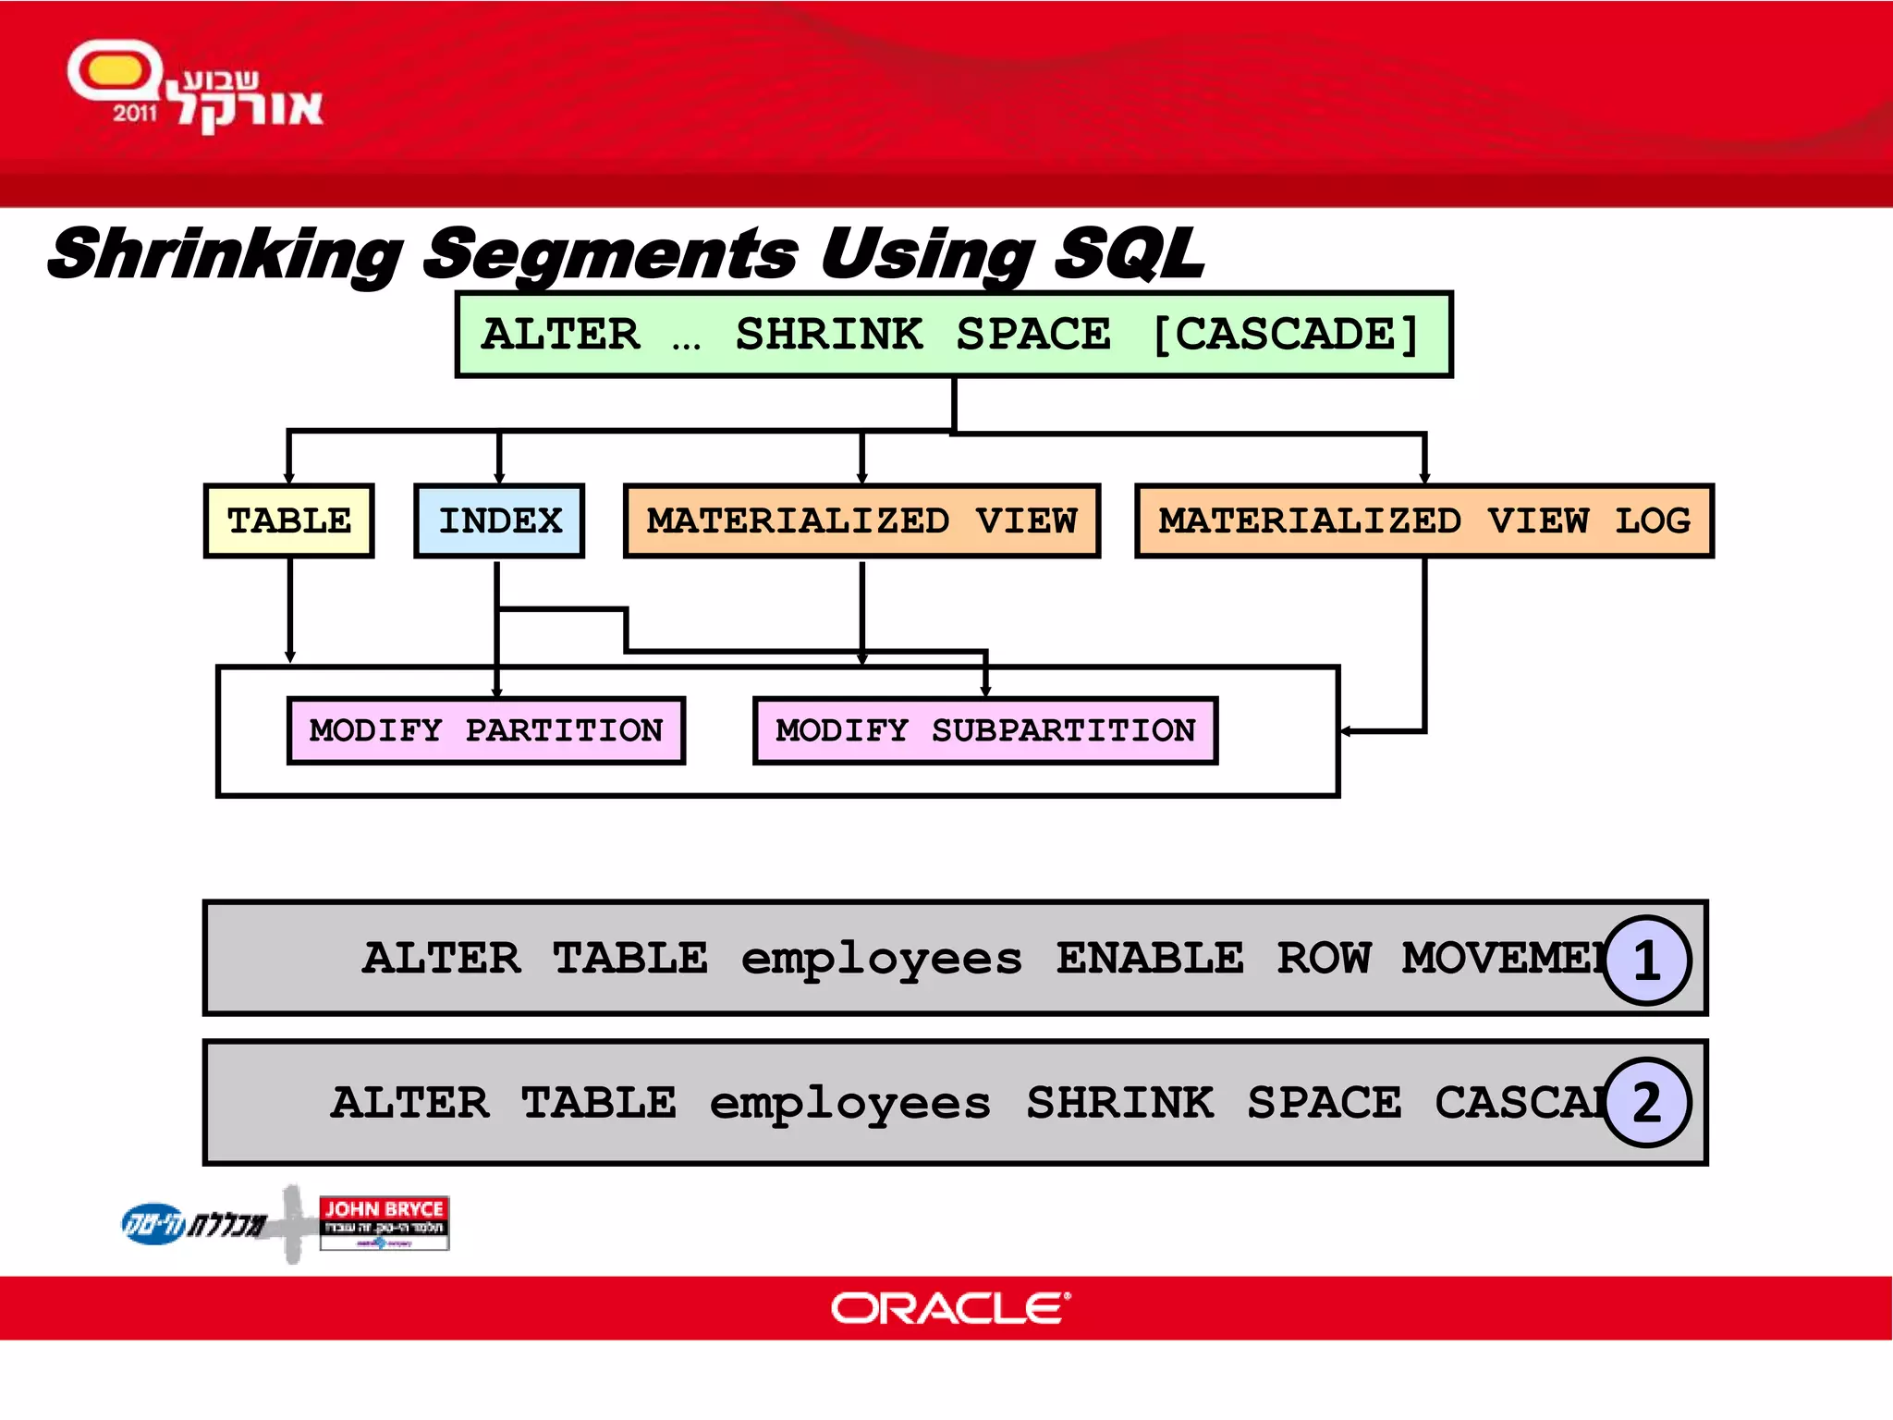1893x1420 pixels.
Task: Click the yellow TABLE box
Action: click(x=288, y=521)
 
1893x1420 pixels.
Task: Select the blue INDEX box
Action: click(x=499, y=521)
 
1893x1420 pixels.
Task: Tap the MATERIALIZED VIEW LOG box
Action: click(x=1423, y=521)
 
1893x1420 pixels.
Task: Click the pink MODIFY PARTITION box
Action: click(x=486, y=730)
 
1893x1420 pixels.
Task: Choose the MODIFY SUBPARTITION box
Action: click(x=985, y=730)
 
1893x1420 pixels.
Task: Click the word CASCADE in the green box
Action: click(x=1285, y=335)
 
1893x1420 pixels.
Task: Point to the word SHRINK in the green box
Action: click(x=829, y=335)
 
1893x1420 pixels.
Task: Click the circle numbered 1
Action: click(x=1646, y=961)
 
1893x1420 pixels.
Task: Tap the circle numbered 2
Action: click(x=1646, y=1102)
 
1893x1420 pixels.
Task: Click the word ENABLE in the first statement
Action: click(x=1149, y=959)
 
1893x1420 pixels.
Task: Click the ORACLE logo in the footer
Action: click(x=950, y=1308)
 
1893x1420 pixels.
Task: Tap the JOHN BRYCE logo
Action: click(x=384, y=1222)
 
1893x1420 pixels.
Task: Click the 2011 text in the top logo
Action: click(x=135, y=114)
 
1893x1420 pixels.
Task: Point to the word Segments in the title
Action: click(x=610, y=254)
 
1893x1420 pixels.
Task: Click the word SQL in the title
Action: click(x=1130, y=254)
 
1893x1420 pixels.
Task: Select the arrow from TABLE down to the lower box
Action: click(x=289, y=610)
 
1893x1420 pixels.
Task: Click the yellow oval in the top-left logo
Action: click(x=113, y=70)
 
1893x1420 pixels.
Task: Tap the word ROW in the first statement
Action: click(x=1324, y=959)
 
